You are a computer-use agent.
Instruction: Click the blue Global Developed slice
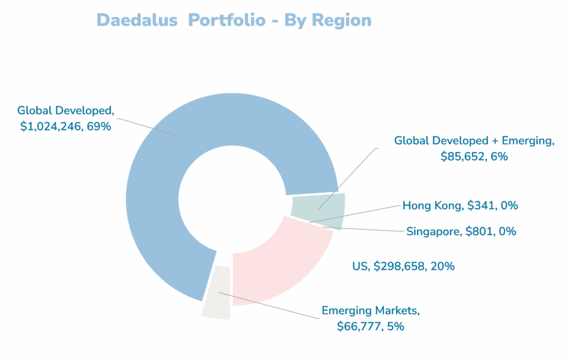166,166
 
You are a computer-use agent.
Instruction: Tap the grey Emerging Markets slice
216,293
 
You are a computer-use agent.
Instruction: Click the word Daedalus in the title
137,20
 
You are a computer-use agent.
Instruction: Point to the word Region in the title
342,20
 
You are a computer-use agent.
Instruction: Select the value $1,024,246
52,126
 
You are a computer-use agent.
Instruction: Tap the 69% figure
99,126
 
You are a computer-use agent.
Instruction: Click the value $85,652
462,156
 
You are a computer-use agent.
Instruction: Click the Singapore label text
431,231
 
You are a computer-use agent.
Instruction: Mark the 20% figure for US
442,266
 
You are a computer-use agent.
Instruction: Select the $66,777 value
359,326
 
